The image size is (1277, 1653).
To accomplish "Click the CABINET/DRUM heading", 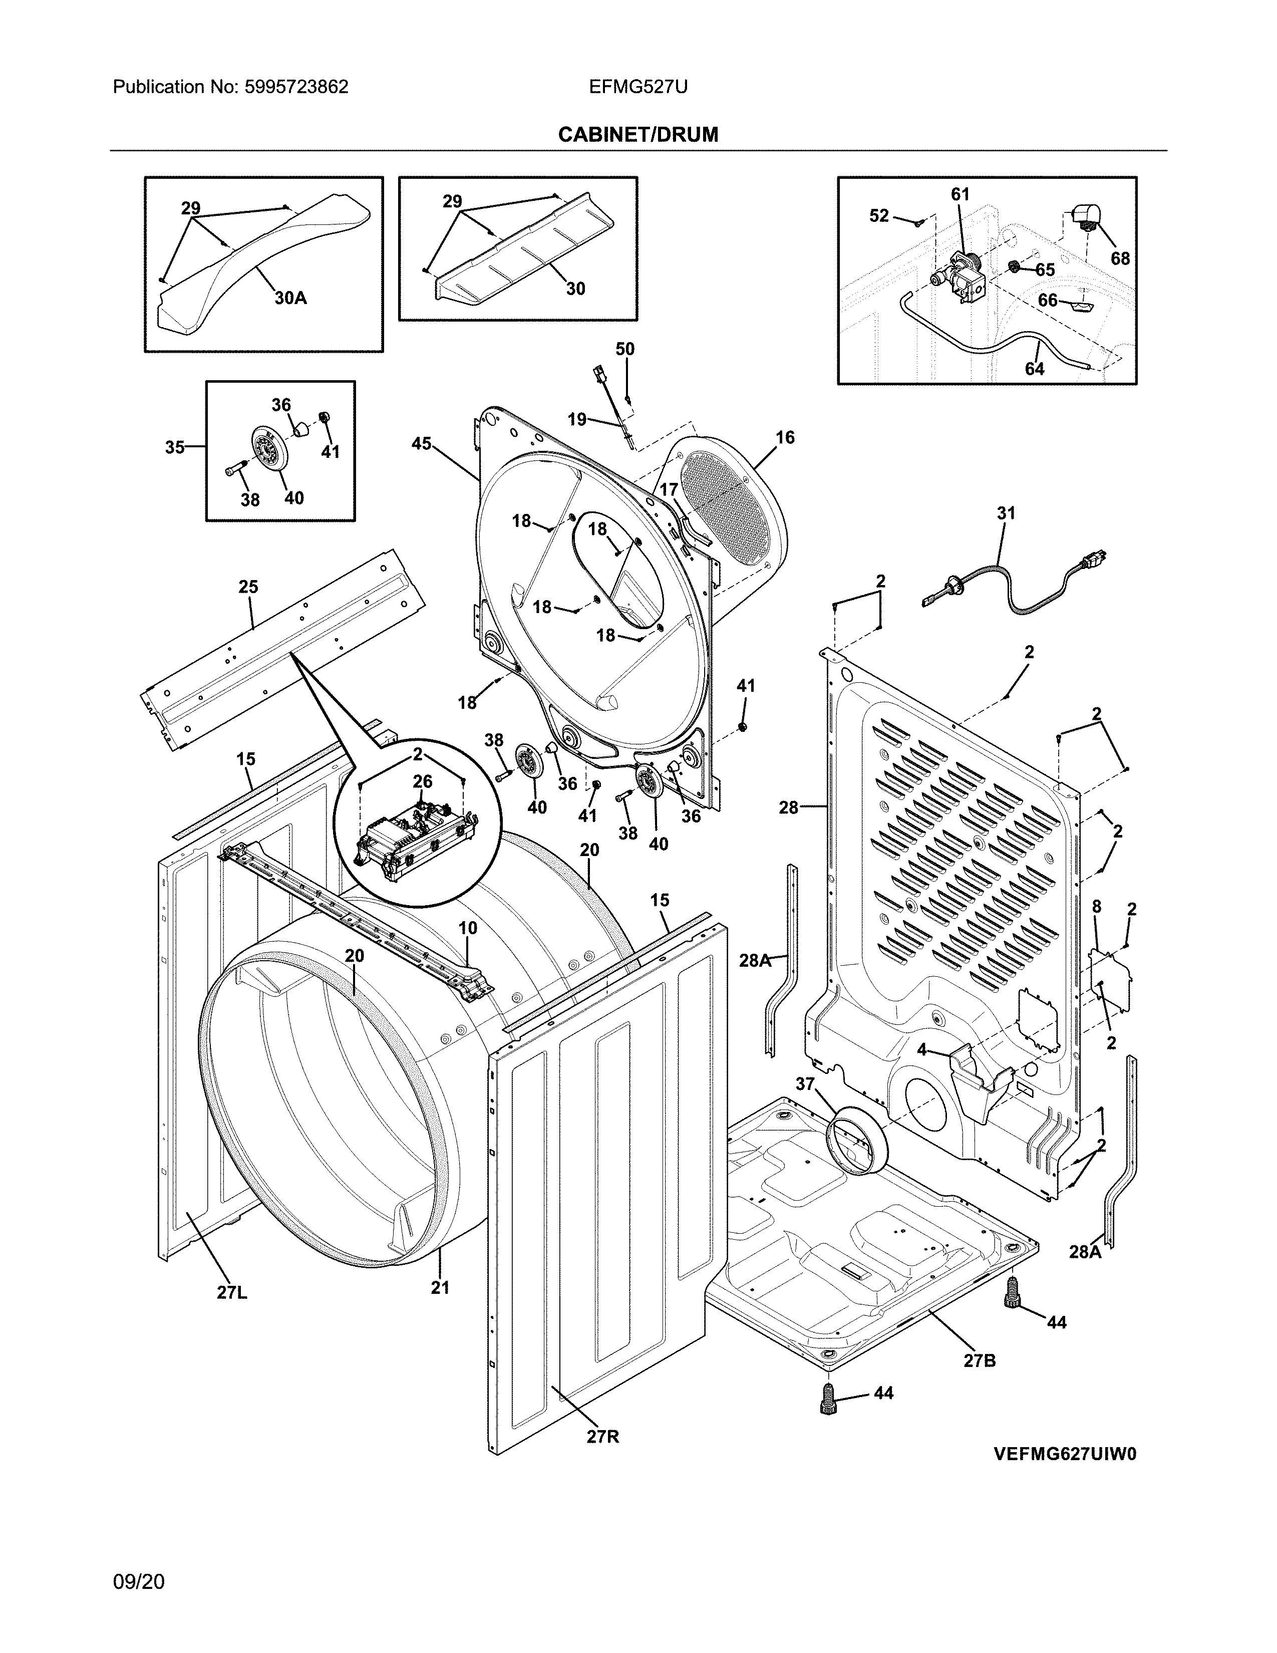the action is tap(637, 135).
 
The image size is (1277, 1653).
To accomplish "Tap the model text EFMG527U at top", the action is tap(637, 87).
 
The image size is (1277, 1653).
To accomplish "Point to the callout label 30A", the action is tap(290, 298).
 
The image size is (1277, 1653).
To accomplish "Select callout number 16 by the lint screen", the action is tap(785, 437).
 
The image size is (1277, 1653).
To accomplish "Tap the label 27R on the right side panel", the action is tap(603, 1436).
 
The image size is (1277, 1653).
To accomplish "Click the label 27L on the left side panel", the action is tap(231, 1293).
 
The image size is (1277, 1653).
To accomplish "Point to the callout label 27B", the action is tap(979, 1360).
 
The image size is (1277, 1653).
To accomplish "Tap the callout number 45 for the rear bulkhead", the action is tap(421, 443).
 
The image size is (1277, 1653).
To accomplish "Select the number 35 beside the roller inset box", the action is tap(175, 447).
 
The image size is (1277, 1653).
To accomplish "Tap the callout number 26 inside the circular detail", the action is tap(422, 780).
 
